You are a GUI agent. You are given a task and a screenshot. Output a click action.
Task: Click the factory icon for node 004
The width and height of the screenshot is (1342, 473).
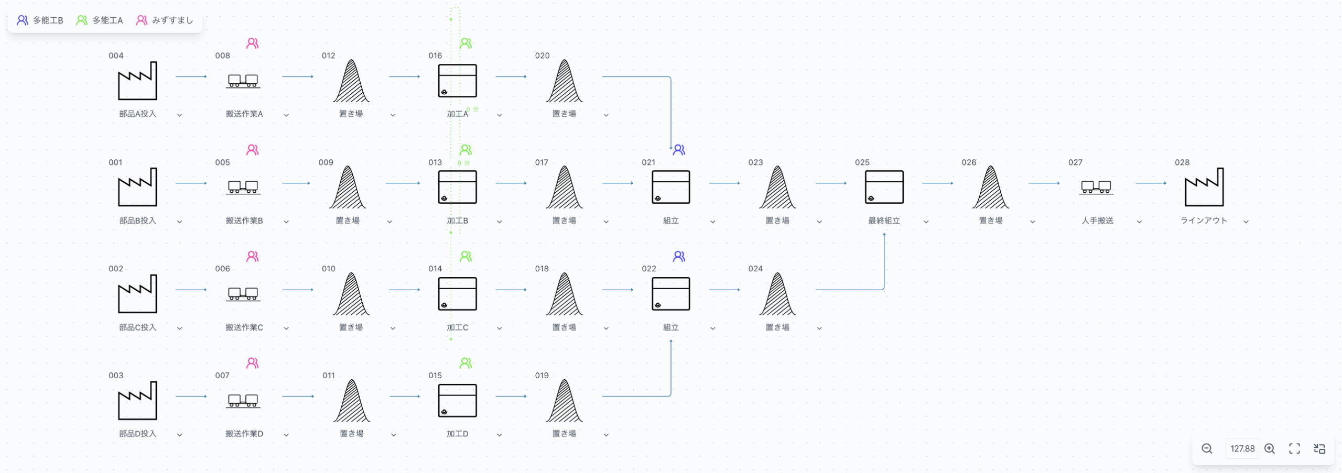tap(137, 81)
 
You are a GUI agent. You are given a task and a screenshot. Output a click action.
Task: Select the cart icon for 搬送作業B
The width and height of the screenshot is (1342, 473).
tap(243, 187)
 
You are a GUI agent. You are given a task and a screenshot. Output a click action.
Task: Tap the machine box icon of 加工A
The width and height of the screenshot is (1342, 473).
tap(457, 81)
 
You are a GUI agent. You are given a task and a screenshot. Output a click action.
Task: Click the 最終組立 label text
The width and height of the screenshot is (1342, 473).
tap(884, 221)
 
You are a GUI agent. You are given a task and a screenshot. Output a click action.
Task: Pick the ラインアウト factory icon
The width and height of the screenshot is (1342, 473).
tap(1204, 187)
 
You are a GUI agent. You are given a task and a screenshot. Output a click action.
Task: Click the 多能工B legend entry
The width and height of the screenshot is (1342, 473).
tap(40, 20)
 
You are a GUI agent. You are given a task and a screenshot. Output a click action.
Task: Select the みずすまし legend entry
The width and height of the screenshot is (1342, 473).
tap(165, 20)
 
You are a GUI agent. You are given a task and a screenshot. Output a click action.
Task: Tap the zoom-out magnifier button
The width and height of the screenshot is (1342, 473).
tap(1207, 448)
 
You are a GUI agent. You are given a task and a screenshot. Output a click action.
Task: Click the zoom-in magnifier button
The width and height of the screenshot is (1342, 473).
tap(1270, 448)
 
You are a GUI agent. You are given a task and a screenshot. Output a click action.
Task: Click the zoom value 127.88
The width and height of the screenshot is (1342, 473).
tap(1242, 448)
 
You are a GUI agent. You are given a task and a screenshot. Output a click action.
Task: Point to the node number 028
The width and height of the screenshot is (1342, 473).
tap(1182, 162)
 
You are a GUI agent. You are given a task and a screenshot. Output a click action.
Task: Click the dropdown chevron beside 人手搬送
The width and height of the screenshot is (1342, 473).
tap(1139, 222)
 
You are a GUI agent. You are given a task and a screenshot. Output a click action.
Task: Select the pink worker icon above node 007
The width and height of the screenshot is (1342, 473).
tap(253, 363)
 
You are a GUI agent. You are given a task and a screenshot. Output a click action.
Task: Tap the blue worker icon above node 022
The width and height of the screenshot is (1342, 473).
tap(679, 256)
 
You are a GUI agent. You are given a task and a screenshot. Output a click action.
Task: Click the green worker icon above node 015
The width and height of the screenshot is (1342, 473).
tap(466, 363)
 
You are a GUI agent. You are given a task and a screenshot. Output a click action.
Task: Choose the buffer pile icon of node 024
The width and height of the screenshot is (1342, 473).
tap(777, 294)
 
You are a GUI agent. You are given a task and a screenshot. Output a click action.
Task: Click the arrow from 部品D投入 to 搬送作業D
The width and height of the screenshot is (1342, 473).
tap(191, 396)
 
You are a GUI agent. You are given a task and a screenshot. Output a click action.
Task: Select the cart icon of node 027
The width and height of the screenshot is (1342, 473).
tap(1096, 187)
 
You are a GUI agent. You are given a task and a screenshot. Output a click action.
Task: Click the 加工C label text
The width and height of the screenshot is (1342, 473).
tap(457, 327)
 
